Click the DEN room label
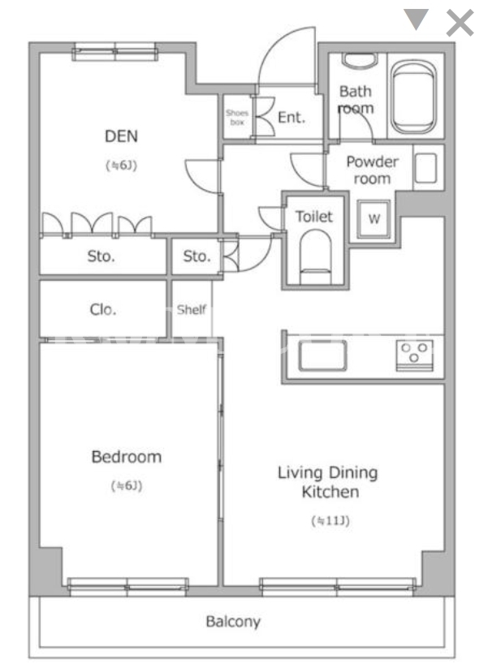tap(122, 136)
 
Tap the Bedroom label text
tap(127, 457)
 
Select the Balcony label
tap(233, 622)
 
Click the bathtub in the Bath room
tap(413, 97)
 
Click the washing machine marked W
tap(374, 219)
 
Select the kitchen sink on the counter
tap(322, 355)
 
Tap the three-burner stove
tap(415, 355)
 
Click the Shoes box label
tap(237, 118)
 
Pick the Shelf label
tap(192, 309)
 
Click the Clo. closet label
tap(103, 309)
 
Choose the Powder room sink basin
tap(425, 168)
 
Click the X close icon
tap(460, 23)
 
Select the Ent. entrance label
tap(291, 118)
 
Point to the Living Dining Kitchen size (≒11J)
tap(330, 520)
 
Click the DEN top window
tap(114, 53)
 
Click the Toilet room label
tap(314, 217)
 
